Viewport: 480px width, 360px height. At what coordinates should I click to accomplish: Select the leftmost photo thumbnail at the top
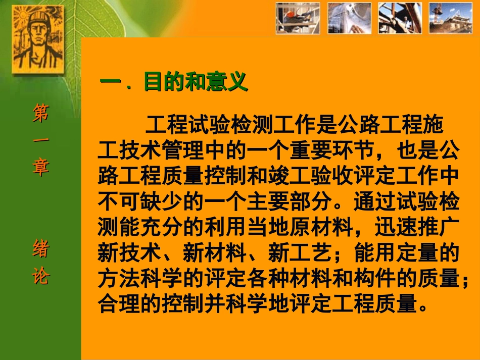(x=298, y=18)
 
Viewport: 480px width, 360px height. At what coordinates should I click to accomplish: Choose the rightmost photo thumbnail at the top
(x=450, y=18)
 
